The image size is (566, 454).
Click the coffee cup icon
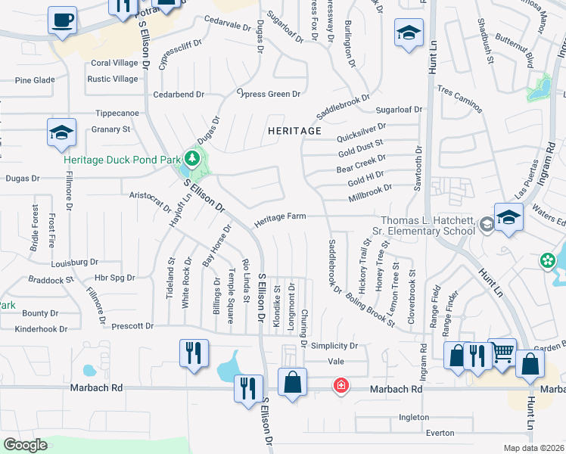(x=62, y=19)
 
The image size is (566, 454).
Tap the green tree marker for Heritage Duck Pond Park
(x=192, y=158)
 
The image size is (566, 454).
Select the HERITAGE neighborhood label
(x=295, y=131)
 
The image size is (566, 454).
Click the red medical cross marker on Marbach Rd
(x=341, y=387)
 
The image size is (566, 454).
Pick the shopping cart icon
(x=502, y=353)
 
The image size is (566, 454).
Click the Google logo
(x=24, y=445)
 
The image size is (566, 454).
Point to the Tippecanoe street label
(x=117, y=113)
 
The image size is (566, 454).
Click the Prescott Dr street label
(x=132, y=326)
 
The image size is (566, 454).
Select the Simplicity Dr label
(x=334, y=345)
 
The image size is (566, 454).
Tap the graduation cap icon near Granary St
(x=61, y=132)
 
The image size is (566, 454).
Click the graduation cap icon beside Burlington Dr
(x=409, y=33)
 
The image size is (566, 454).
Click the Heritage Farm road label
(x=280, y=217)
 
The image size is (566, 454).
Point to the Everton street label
(x=440, y=434)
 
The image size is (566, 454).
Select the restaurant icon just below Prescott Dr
(x=194, y=353)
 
